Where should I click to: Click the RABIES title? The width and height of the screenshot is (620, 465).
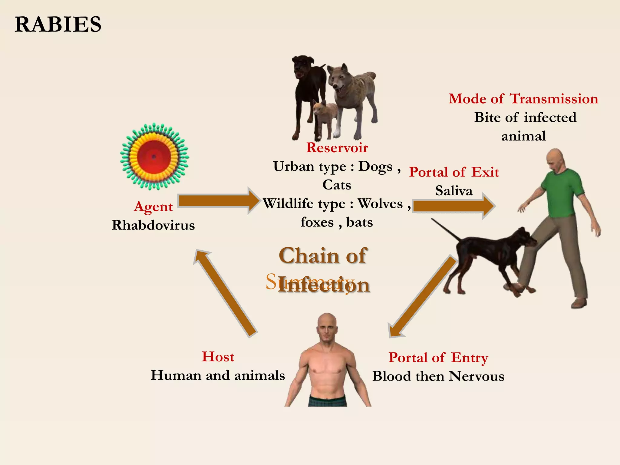(58, 25)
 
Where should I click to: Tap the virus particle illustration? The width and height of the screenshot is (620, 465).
(154, 157)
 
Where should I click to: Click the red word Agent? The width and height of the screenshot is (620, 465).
(153, 207)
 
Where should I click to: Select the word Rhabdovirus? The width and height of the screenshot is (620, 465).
(153, 225)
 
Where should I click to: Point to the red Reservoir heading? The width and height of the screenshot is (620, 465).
(337, 148)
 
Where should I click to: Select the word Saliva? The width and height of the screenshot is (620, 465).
(453, 191)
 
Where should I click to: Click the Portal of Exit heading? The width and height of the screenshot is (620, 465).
(454, 172)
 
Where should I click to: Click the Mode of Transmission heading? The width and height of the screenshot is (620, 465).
(523, 99)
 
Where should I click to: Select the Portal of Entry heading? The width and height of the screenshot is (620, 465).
(438, 358)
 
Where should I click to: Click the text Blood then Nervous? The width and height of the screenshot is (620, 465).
(438, 376)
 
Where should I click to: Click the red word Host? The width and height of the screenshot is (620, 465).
(218, 357)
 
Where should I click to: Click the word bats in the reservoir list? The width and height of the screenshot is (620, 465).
(359, 223)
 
